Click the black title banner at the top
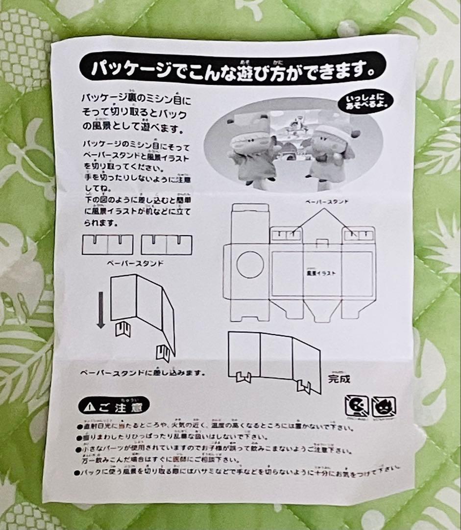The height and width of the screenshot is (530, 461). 231,68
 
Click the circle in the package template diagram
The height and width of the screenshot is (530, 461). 250,264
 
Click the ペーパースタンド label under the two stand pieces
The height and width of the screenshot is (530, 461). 135,263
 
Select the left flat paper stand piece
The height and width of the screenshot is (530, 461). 107,244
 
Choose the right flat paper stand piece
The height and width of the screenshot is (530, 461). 167,244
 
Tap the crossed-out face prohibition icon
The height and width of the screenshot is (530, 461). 356,406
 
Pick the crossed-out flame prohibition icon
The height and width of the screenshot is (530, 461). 384,407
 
